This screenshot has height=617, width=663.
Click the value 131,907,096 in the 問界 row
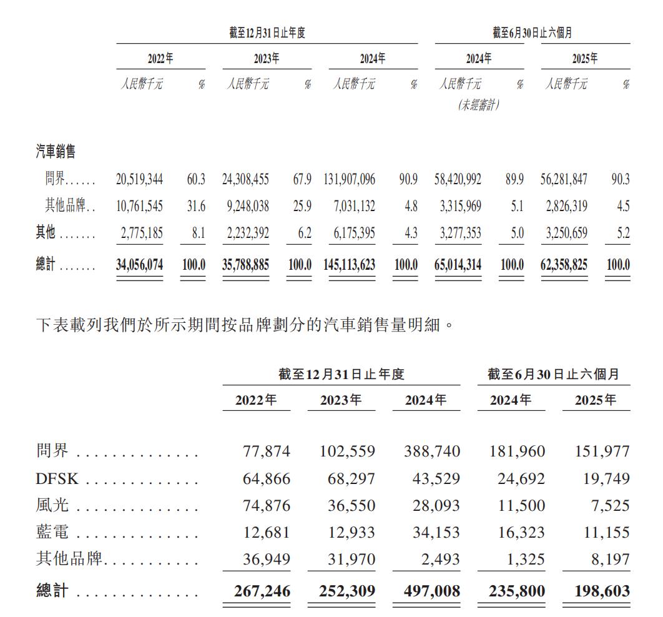pos(350,179)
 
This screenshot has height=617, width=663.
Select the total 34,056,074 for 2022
pos(139,265)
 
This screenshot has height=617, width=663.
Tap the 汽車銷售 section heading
pos(56,151)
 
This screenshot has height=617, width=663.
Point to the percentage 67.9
pos(302,179)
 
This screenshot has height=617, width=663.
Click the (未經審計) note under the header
pos(479,106)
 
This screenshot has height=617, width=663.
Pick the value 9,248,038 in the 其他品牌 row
pos(245,206)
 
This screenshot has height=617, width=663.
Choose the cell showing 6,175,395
pos(351,233)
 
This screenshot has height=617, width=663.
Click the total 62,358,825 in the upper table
pos(564,265)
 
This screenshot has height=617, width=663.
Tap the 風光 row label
pos(52,506)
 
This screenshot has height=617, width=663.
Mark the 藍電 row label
pos(52,533)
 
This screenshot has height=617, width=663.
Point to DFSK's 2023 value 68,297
pos(351,479)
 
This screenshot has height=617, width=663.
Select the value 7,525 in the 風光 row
pos(611,506)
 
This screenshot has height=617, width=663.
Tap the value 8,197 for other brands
pos(611,560)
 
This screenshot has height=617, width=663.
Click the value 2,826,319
pos(564,206)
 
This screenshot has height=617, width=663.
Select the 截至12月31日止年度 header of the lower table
pos(341,374)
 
